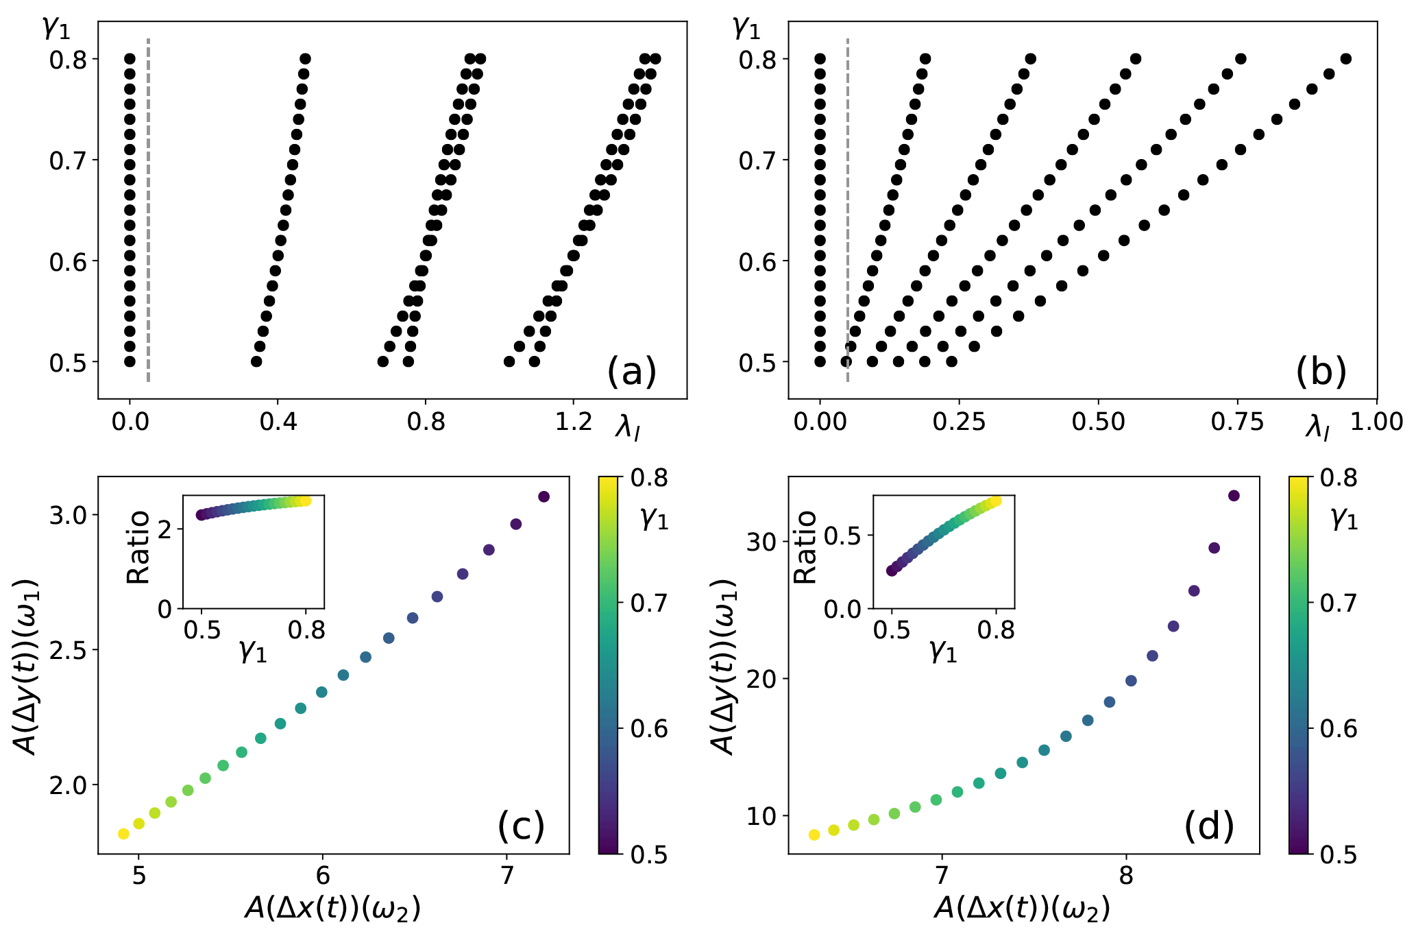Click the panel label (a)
coord(631,372)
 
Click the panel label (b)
coord(1321,372)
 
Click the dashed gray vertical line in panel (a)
coord(149,206)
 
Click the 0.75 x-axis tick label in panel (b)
coord(1237,421)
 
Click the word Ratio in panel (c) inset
coord(139,547)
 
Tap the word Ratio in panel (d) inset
coord(805,547)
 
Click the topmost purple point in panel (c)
coord(544,496)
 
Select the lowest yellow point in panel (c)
coord(123,834)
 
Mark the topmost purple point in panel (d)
coord(1234,496)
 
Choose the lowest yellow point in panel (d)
coord(814,835)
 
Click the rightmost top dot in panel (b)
coord(1345,59)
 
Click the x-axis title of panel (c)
coord(332,909)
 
